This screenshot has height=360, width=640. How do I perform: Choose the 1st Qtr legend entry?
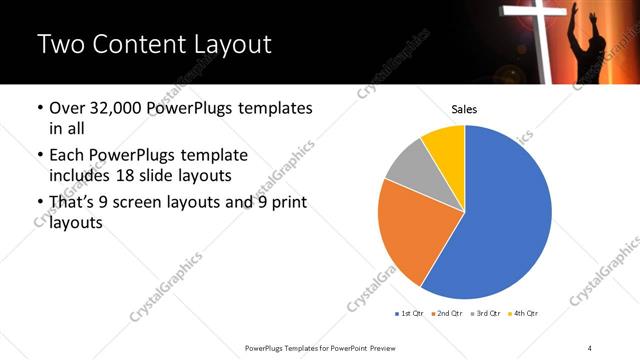tap(410, 314)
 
